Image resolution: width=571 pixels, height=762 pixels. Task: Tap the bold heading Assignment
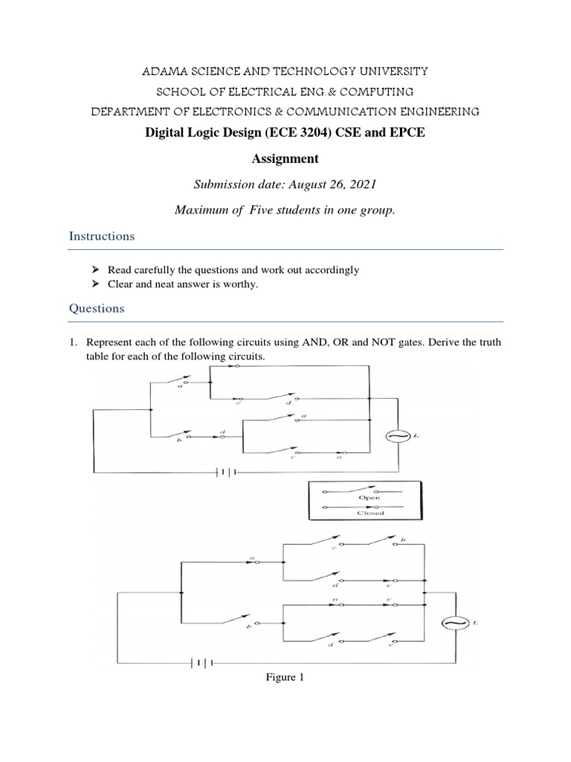(285, 159)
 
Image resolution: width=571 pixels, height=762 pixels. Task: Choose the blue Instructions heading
(102, 236)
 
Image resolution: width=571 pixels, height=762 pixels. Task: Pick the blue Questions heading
(97, 307)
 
